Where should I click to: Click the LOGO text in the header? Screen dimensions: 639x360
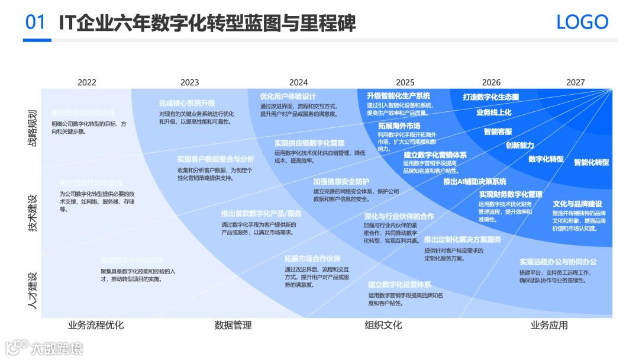[582, 22]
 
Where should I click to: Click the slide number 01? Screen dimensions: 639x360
[35, 22]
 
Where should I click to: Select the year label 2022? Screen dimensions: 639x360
[87, 82]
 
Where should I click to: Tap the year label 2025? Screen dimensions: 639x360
[405, 82]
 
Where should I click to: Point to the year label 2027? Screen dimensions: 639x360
[575, 82]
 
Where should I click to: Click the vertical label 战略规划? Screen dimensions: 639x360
[33, 127]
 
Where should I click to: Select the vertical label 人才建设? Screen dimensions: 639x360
[33, 290]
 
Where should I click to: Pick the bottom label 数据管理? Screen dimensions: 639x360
[233, 325]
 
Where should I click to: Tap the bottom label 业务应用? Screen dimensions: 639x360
[549, 325]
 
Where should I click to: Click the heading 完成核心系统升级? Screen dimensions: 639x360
[187, 103]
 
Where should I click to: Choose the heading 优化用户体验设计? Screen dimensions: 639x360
[288, 97]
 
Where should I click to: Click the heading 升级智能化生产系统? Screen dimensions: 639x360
[398, 96]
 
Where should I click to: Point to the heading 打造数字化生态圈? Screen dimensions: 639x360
[490, 97]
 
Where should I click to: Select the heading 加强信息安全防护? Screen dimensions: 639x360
[341, 181]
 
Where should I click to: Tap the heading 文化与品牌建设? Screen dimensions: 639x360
[577, 204]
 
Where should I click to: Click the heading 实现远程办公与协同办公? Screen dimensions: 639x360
[558, 262]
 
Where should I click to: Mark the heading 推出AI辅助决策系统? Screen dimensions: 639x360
[475, 182]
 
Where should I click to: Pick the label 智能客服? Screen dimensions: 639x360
[498, 131]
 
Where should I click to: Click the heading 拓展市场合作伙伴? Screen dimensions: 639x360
[312, 259]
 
